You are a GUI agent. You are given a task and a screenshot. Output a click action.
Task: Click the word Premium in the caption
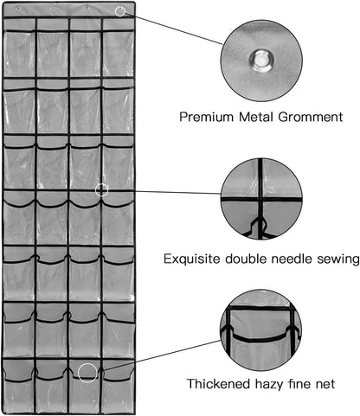tap(206, 118)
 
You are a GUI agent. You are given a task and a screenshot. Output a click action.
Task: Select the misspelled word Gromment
tap(311, 117)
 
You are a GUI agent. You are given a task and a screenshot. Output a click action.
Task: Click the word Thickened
tap(219, 384)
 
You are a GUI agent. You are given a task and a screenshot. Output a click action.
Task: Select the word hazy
tap(269, 385)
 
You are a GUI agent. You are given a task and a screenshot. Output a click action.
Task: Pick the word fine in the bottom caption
tap(299, 384)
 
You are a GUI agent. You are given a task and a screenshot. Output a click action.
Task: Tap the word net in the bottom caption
tap(325, 385)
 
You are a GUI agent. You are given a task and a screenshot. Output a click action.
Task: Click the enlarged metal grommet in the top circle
tap(261, 61)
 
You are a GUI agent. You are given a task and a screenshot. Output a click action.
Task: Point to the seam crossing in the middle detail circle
tap(260, 199)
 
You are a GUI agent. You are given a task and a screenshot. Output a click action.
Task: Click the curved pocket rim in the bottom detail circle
tap(260, 337)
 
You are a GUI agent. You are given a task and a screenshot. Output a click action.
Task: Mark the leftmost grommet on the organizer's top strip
tap(18, 9)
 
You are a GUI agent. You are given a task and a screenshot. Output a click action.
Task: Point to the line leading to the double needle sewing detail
tap(164, 192)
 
